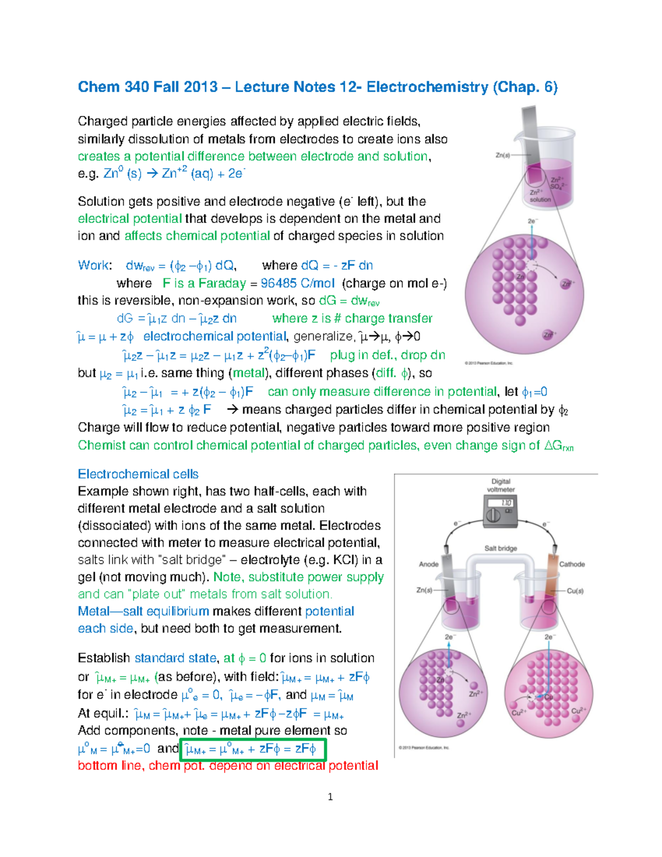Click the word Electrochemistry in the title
427,87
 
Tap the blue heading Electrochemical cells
138,474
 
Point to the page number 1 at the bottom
330,796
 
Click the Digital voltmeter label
501,485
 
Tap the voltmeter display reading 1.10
506,503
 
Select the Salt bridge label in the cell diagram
500,548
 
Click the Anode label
429,564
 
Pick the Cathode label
572,564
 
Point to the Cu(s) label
575,590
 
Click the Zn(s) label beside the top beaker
503,155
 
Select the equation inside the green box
252,749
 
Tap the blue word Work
93,265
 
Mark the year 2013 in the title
200,87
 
